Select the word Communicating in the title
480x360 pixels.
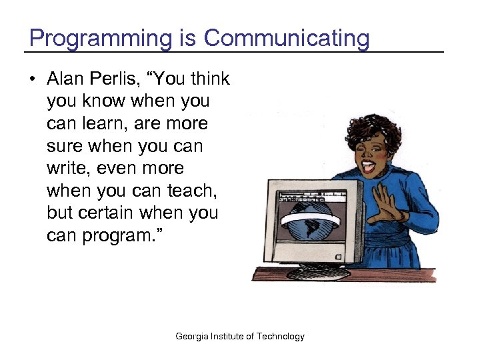[x=286, y=38]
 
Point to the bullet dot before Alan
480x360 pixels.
[x=33, y=79]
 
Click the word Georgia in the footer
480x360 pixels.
[x=192, y=337]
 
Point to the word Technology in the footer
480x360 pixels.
[x=280, y=337]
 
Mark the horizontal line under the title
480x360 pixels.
[x=233, y=52]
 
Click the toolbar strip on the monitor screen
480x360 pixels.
[x=313, y=198]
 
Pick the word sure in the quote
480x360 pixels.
[x=65, y=147]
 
